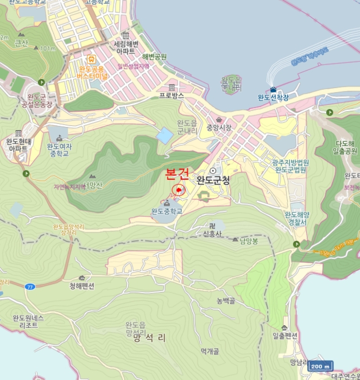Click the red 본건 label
pyautogui.click(x=177, y=174)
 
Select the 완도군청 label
pyautogui.click(x=213, y=180)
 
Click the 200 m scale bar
pyautogui.click(x=320, y=366)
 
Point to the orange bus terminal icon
pyautogui.click(x=91, y=59)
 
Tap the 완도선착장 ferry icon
pyautogui.click(x=273, y=90)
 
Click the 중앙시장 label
pyautogui.click(x=219, y=128)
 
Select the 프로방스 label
pyautogui.click(x=172, y=95)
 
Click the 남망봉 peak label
pyautogui.click(x=249, y=240)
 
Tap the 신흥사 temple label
pyautogui.click(x=212, y=233)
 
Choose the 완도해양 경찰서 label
pyautogui.click(x=296, y=218)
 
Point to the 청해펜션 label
pyautogui.click(x=81, y=286)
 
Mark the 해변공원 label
pyautogui.click(x=154, y=56)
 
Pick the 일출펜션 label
pyautogui.click(x=285, y=336)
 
